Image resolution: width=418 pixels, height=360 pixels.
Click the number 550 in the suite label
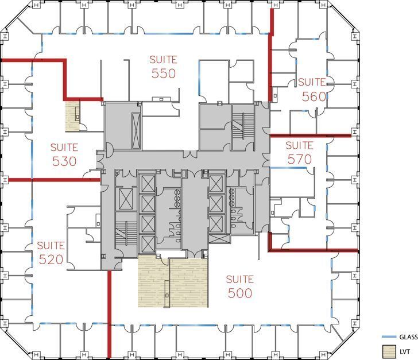click(x=163, y=73)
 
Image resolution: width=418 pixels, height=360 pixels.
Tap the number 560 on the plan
click(x=314, y=96)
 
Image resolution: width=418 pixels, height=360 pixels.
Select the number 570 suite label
click(x=300, y=159)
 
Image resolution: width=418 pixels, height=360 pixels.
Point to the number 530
click(x=64, y=161)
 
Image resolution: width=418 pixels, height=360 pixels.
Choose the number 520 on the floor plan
click(x=51, y=260)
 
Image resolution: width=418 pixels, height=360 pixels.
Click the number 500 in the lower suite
click(x=239, y=293)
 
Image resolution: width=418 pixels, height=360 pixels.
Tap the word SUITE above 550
click(x=163, y=59)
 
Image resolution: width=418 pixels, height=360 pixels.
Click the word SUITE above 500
click(x=239, y=279)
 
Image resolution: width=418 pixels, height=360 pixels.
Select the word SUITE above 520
click(x=51, y=245)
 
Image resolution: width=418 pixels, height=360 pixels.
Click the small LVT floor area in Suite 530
click(x=71, y=116)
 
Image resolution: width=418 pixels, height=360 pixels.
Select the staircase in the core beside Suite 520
click(x=123, y=232)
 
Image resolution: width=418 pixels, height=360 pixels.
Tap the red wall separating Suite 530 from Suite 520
click(x=52, y=180)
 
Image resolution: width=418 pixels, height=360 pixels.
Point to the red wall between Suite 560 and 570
click(x=310, y=136)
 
